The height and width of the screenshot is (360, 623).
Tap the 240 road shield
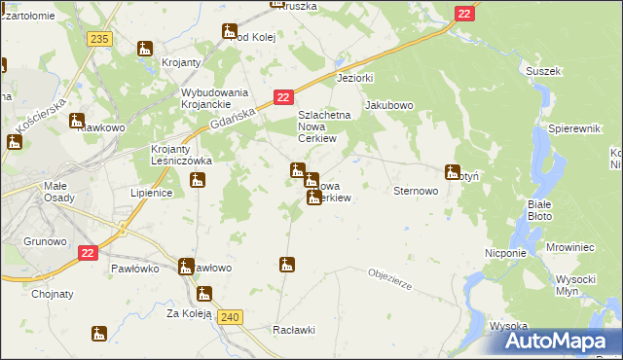coord(230,316)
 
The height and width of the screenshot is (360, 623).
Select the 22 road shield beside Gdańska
coord(282,97)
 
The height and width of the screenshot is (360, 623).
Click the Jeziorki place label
coord(354,77)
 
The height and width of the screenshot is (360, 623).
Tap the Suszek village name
coord(542,71)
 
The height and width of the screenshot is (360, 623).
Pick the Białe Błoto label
coord(538,209)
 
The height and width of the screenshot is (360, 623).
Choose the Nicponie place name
coord(505,252)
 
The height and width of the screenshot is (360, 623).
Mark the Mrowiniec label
coord(563,248)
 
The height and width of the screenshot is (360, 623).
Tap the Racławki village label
coord(295,329)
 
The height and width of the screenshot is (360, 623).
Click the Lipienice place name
coord(151,193)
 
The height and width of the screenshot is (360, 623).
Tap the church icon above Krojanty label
coord(145,49)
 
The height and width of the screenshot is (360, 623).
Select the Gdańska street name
coord(233,120)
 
